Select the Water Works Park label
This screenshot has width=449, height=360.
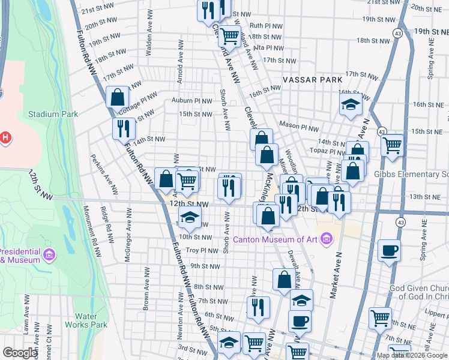coord(91,320)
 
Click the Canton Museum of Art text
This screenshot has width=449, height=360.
coord(279,240)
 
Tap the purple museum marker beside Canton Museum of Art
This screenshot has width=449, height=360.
coord(327,240)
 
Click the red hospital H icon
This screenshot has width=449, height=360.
coord(5,138)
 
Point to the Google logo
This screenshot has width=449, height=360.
coord(20,353)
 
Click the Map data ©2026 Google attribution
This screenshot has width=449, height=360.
coord(412,355)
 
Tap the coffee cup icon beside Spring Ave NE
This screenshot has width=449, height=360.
coord(389,250)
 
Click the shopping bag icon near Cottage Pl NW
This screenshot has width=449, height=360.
coord(117,97)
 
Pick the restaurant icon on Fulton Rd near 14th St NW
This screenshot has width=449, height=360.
coord(123,128)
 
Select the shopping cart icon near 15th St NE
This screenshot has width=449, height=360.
coord(392,145)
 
